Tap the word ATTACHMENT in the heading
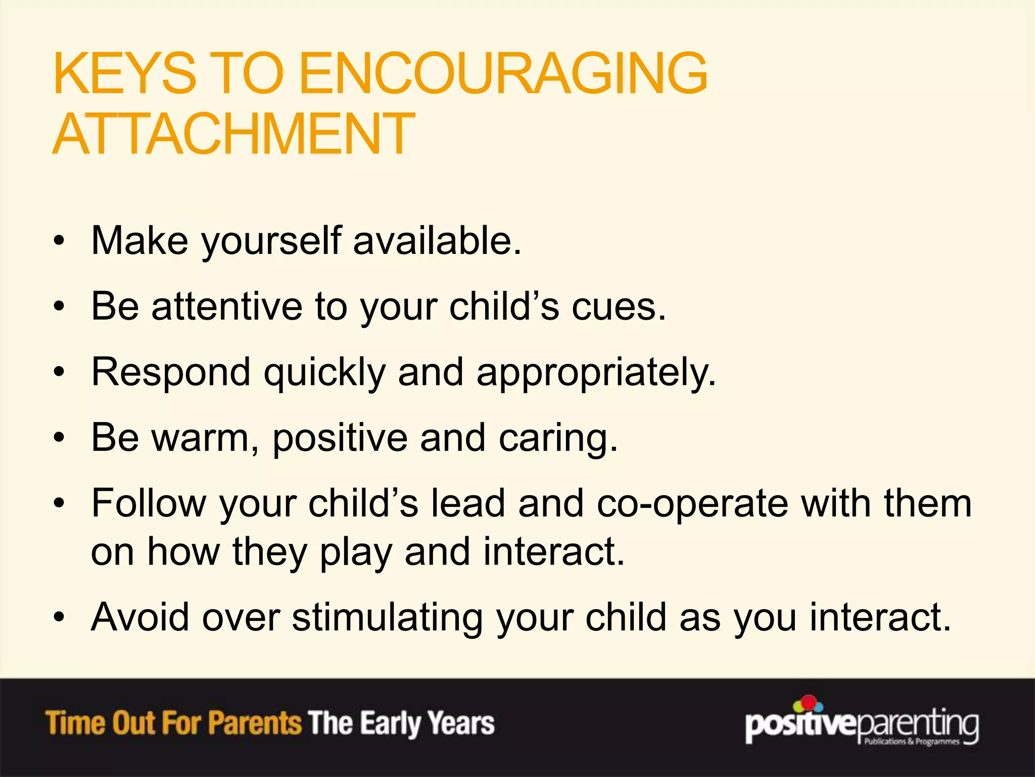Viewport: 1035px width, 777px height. coord(233,134)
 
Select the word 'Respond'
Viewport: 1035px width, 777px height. coord(171,373)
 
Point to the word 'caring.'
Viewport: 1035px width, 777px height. coord(558,439)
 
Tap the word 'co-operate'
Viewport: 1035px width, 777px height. coord(692,504)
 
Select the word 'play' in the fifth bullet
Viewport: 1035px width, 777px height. coord(355,552)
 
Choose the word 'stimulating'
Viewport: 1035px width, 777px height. coord(387,618)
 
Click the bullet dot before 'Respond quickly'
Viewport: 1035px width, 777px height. coord(60,373)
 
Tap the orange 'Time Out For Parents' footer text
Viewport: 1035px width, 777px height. coord(173,722)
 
